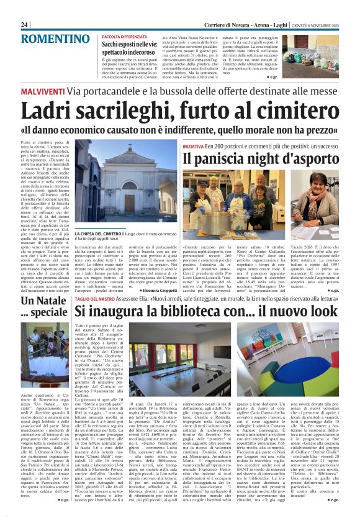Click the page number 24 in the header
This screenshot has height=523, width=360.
[25, 24]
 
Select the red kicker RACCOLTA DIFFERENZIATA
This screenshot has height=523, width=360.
[125, 37]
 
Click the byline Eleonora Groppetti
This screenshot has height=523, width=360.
[156, 291]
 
